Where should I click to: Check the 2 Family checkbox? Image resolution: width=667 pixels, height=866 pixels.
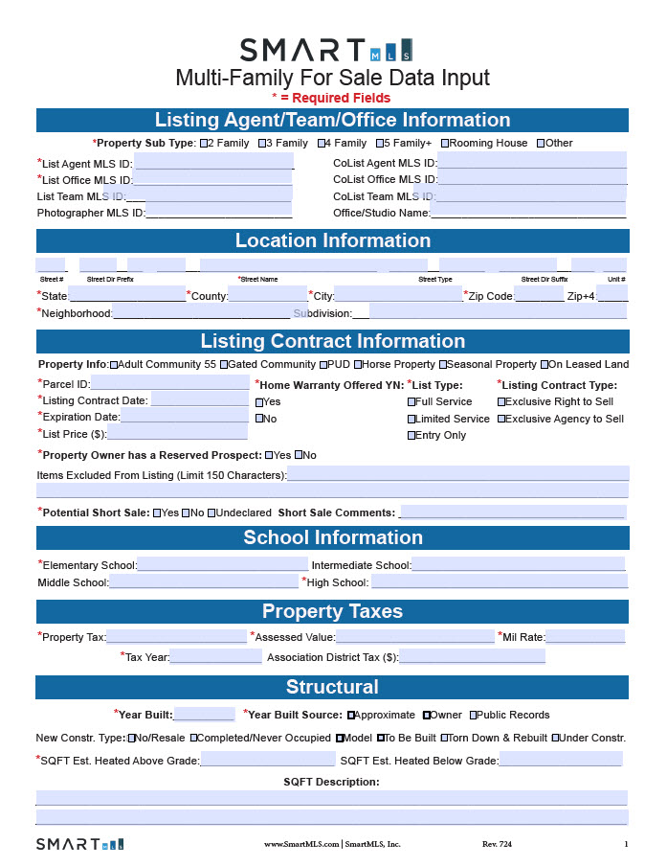point(204,144)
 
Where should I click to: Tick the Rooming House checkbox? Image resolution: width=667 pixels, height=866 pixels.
point(444,144)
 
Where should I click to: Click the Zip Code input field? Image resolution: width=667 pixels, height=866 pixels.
point(539,296)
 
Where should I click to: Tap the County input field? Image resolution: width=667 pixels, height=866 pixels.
point(267,296)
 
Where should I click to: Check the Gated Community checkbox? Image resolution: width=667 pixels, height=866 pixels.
point(224,365)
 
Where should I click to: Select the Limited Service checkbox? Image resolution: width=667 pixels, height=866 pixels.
point(411,419)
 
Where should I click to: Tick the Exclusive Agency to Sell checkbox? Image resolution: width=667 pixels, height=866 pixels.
point(501,419)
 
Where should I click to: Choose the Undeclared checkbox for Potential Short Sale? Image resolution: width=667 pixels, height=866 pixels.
point(211,513)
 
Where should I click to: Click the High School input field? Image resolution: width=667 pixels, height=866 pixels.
point(499,581)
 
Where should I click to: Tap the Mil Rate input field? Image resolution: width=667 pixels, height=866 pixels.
point(585,637)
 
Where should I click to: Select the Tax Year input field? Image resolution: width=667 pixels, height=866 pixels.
point(215,657)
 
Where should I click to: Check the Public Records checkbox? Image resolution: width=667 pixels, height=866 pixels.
point(473,715)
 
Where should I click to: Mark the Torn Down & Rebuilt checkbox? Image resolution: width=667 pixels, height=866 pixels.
point(444,738)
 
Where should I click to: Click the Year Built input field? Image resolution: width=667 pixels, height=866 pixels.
point(203,715)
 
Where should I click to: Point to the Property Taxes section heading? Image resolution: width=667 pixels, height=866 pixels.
point(332,611)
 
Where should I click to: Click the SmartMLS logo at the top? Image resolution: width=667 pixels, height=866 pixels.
point(326,50)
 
